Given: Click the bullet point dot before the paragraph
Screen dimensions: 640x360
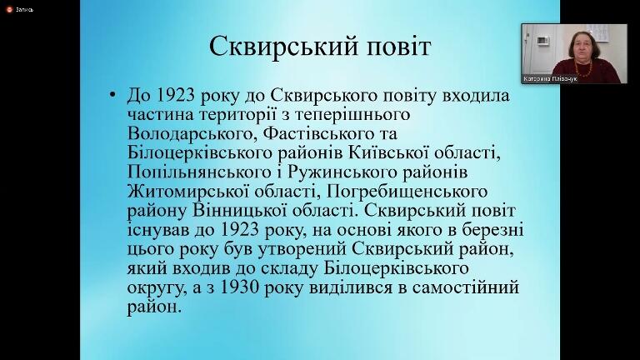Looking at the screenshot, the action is [x=112, y=95].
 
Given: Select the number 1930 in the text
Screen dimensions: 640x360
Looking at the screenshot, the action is [x=240, y=287].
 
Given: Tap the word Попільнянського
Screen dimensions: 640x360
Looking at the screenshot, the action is [x=200, y=172].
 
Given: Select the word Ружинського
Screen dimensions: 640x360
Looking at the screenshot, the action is [x=342, y=172].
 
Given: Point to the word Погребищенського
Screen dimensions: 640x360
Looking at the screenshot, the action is [x=407, y=192].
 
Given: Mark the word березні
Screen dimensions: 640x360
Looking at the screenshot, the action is [x=492, y=230].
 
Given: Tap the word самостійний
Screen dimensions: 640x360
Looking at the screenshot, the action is [x=466, y=287].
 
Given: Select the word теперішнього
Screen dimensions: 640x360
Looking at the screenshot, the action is [x=352, y=115].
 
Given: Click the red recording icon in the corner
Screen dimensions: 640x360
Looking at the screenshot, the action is [x=9, y=9].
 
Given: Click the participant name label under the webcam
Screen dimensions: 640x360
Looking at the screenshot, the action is [x=550, y=79].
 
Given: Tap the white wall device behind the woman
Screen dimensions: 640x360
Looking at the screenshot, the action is [x=542, y=40].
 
